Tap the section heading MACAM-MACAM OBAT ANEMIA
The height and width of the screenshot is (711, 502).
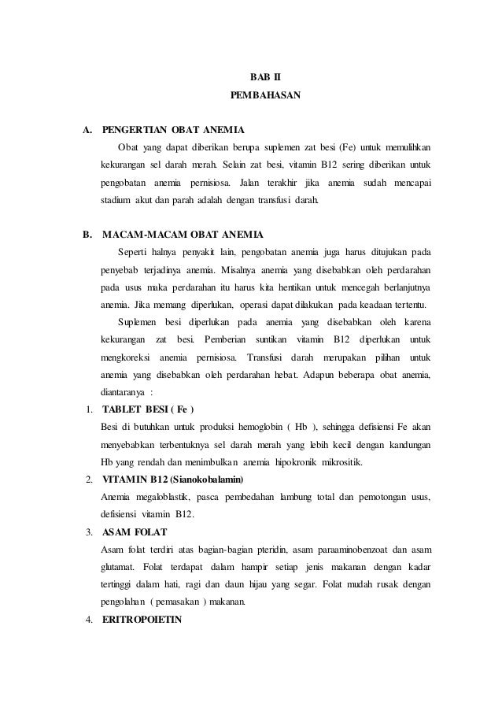183,235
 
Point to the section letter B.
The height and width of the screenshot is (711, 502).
87,235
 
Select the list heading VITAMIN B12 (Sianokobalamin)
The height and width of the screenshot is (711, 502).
173,479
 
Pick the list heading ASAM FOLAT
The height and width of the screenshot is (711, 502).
135,531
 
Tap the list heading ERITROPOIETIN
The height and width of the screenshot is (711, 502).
142,618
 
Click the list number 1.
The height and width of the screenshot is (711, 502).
90,409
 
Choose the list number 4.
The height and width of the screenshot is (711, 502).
90,618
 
